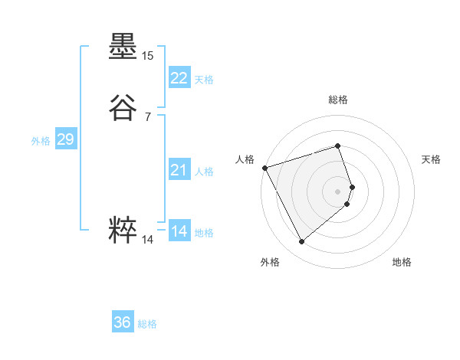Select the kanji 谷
click(123, 108)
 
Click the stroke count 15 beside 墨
click(147, 56)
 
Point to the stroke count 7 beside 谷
click(147, 116)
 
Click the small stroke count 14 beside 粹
click(147, 240)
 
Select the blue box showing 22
click(179, 78)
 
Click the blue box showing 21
click(179, 170)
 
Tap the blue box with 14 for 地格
click(179, 231)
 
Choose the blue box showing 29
click(65, 139)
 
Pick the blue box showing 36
click(123, 322)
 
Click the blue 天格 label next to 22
click(204, 80)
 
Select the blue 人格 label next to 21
click(204, 172)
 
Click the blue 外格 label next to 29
click(41, 141)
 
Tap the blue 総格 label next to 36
click(147, 324)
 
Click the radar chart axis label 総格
click(338, 100)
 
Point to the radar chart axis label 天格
click(431, 159)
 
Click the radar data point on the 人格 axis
click(264, 167)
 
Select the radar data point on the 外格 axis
click(301, 242)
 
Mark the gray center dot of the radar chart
click(338, 191)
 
